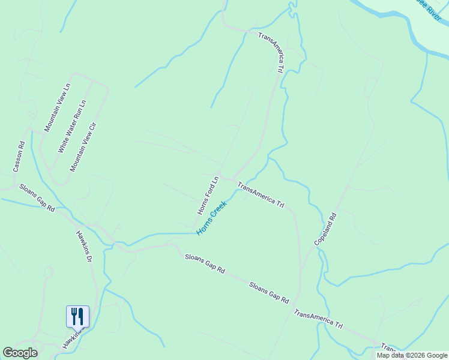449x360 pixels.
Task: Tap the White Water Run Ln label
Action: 71,126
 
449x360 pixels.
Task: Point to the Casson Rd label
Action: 19,157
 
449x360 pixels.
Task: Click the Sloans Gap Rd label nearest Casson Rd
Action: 37,198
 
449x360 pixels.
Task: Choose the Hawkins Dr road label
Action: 84,247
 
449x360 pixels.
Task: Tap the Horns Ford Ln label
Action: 208,196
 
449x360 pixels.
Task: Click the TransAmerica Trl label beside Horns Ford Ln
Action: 261,194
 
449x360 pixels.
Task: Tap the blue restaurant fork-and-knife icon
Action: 77,316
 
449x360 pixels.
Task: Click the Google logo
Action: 20,353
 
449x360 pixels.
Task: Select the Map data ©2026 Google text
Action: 412,355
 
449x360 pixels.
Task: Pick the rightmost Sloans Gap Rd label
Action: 269,292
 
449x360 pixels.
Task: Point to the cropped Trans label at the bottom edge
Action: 388,347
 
